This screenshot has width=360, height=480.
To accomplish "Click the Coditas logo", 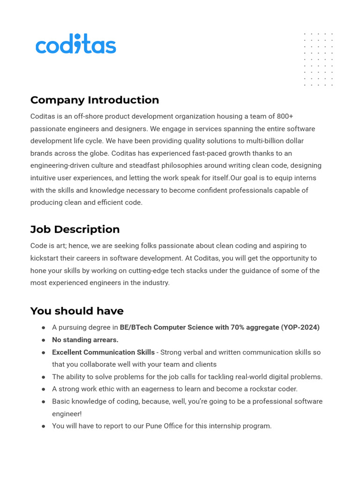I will [x=75, y=45].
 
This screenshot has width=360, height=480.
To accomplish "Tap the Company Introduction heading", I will [x=95, y=100].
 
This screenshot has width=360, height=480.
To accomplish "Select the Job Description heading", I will [x=75, y=229].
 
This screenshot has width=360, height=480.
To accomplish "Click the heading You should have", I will [x=77, y=311].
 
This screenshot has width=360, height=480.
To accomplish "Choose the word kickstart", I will [x=46, y=258].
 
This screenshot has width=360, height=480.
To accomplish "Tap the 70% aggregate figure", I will [x=243, y=327].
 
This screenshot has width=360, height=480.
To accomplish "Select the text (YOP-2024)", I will [x=300, y=327].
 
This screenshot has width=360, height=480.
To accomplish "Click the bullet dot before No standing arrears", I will [x=43, y=340].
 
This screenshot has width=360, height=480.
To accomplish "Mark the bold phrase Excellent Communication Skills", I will [x=103, y=352].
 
